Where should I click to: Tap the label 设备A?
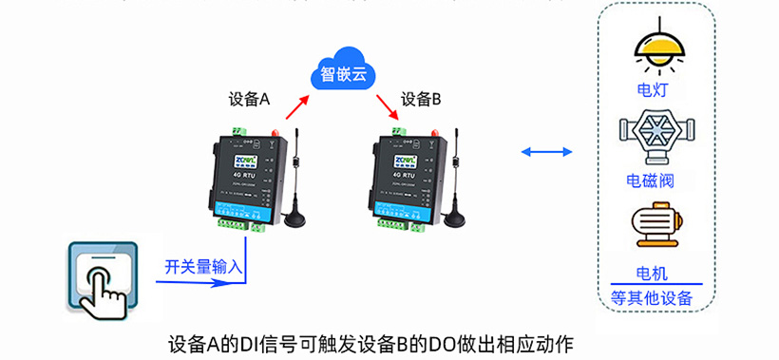250,99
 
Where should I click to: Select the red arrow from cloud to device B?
387,106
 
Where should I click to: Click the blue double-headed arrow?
547,152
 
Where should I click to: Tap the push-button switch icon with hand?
103,277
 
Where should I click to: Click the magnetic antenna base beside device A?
297,220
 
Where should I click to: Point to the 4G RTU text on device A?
240,173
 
